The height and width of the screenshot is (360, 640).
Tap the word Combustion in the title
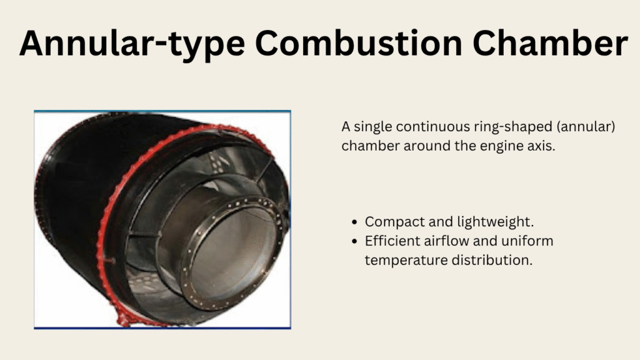[x=358, y=42]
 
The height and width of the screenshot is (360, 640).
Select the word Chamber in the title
[x=550, y=42]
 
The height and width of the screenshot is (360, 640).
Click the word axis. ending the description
[x=541, y=146]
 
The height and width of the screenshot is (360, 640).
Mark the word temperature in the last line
[x=403, y=261]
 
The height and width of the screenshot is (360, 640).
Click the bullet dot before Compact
[x=354, y=222]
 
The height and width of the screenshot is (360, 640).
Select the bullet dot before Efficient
[x=354, y=242]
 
